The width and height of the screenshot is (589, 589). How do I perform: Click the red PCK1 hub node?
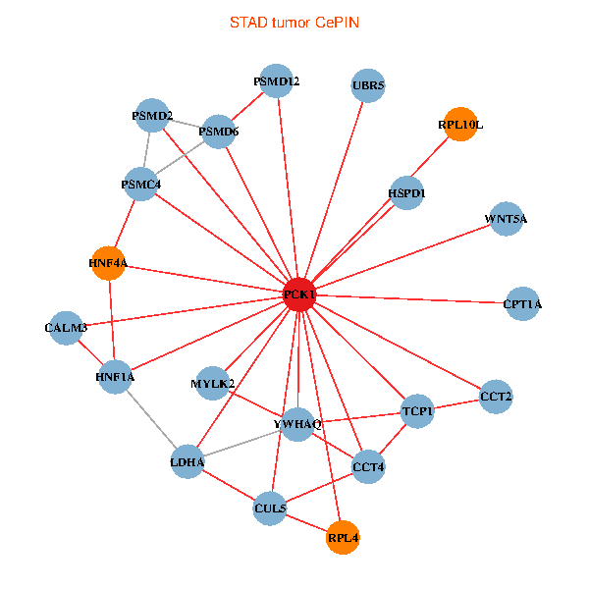point(299,294)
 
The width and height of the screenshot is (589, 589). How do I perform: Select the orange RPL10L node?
point(459,125)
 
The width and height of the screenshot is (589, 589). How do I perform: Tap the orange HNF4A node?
point(108,263)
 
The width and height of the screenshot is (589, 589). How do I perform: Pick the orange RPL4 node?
point(343,538)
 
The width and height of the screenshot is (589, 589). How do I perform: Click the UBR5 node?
point(368,85)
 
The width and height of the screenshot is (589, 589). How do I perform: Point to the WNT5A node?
point(506,219)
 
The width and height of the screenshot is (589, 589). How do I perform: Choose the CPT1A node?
point(521,304)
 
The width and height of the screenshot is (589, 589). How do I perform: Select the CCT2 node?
point(496,397)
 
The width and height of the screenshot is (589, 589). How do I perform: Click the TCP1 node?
point(417,410)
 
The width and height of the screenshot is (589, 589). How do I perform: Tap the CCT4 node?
point(368,466)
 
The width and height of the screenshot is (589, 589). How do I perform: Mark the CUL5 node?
point(270,509)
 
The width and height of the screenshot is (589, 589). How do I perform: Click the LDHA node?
point(187,461)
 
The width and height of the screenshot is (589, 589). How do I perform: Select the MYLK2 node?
point(213,383)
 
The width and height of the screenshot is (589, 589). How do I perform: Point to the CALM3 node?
point(66,327)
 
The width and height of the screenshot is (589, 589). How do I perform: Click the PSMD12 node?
point(277,81)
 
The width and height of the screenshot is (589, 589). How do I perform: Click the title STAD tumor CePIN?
point(294,22)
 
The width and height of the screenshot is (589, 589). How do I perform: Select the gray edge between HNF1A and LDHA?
point(151,419)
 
